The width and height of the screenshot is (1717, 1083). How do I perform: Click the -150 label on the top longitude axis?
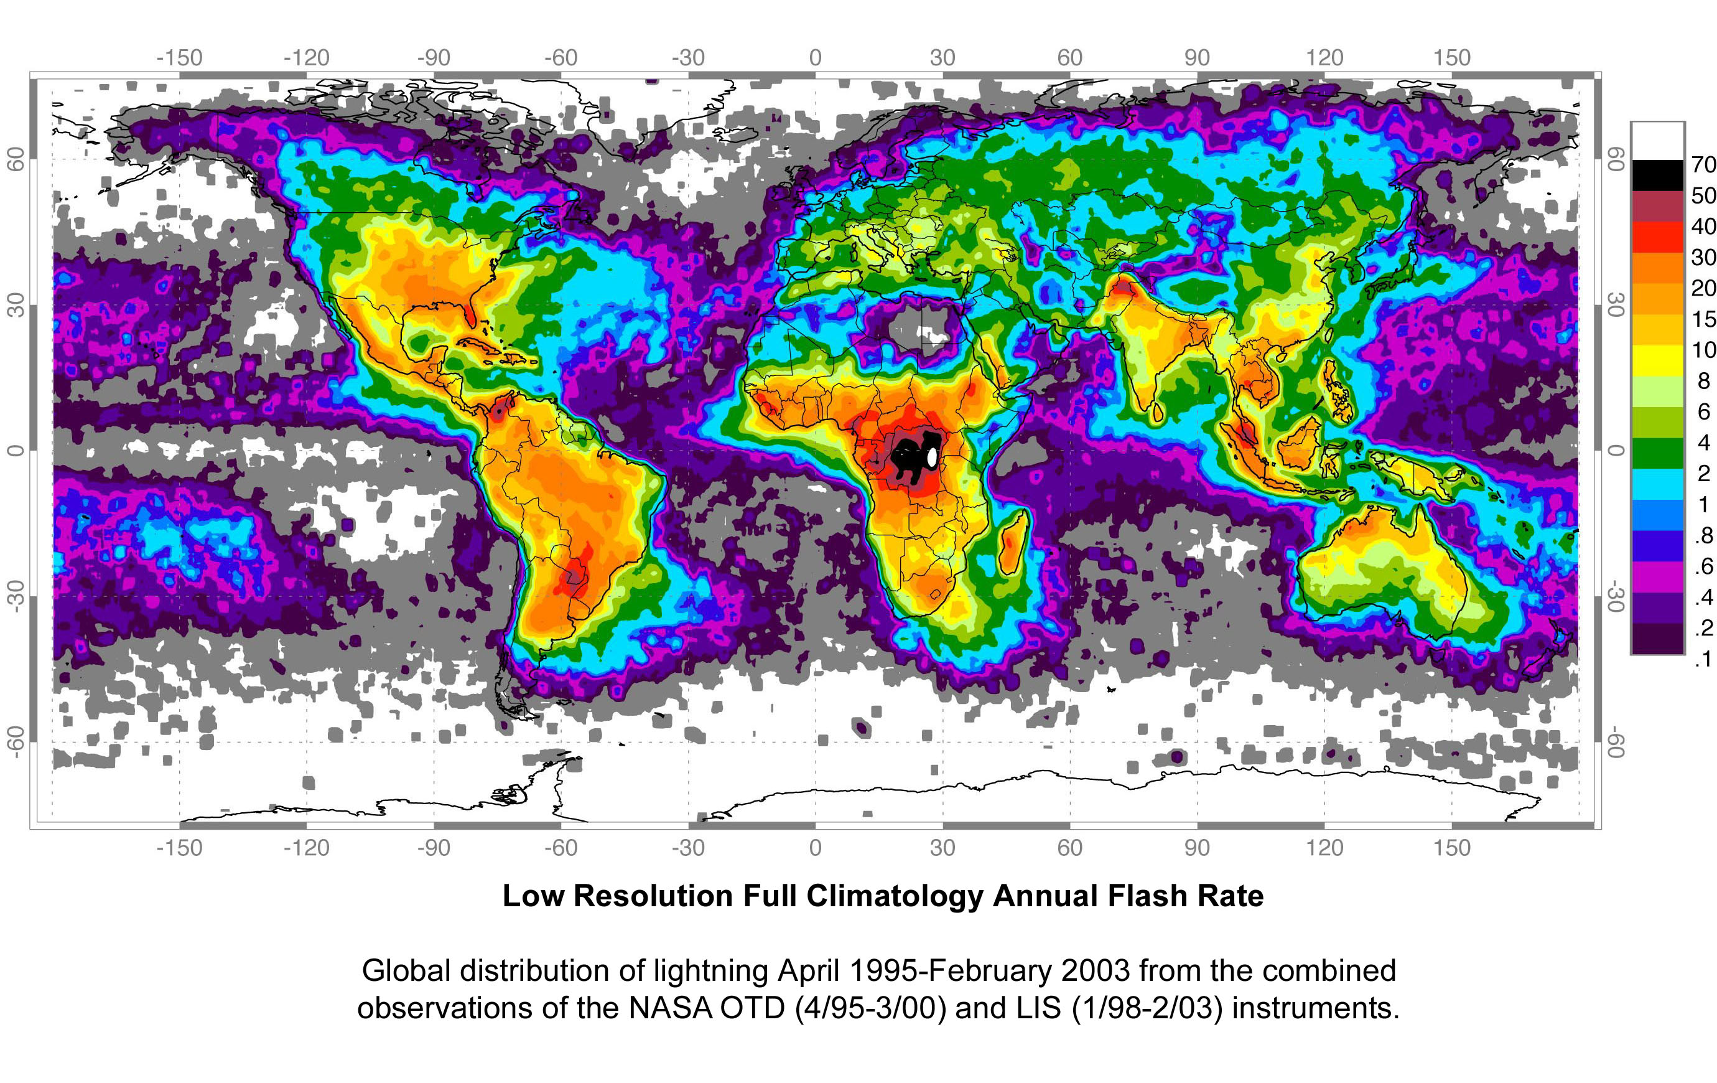(180, 58)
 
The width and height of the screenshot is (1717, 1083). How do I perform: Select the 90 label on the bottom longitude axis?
(1196, 848)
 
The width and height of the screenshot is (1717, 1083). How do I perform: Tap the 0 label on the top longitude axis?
(815, 58)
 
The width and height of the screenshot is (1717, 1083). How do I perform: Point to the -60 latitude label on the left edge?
(16, 742)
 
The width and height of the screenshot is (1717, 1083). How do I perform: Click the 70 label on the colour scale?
(1703, 165)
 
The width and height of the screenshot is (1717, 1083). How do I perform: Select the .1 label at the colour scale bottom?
(1703, 659)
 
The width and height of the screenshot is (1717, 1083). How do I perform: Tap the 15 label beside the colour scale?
(1703, 319)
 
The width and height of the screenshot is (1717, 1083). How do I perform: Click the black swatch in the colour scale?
(1657, 176)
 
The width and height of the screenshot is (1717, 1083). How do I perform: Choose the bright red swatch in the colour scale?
(1657, 237)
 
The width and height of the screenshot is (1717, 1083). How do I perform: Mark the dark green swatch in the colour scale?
(1657, 453)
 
